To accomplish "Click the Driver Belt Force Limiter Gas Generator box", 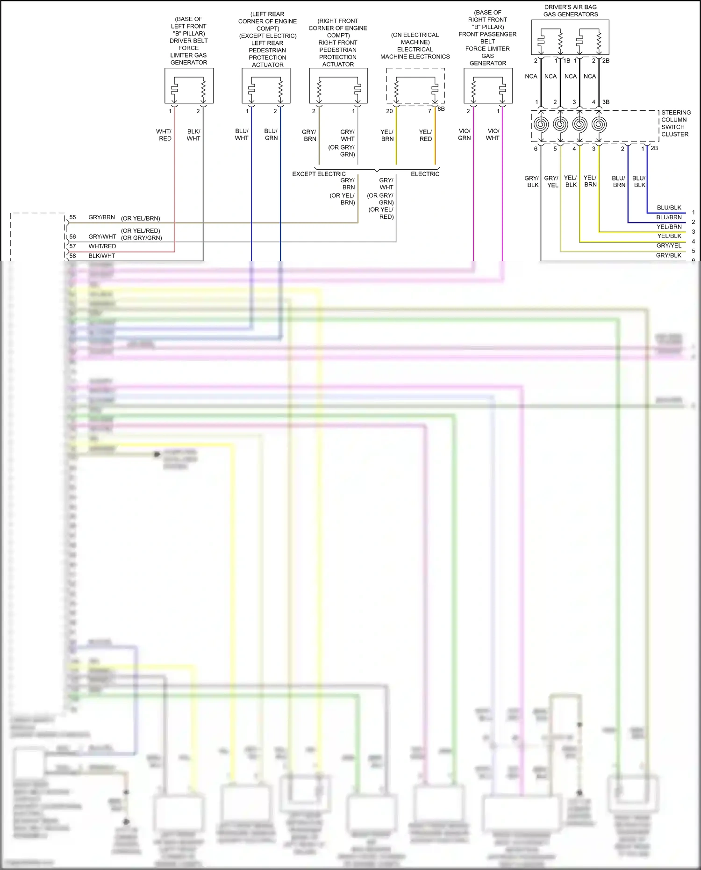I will [189, 86].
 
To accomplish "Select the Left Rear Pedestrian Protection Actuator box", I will [266, 86].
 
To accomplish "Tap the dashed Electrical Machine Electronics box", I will [415, 86].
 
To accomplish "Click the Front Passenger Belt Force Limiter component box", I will [488, 86].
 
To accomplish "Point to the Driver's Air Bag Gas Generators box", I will [570, 37].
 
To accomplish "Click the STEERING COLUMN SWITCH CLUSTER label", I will [675, 123].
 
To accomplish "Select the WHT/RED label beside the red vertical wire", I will [165, 135].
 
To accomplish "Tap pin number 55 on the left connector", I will [73, 217].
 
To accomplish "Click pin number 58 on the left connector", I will [73, 256].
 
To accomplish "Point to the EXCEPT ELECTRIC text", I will [319, 174].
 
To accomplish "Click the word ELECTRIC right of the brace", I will [425, 174].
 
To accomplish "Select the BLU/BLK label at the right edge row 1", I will [669, 208].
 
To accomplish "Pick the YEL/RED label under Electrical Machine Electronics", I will [425, 135].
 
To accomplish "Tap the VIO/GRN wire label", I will [464, 135].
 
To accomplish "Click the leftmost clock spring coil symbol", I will [541, 124].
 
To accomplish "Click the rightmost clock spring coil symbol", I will [599, 124].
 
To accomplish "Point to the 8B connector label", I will [441, 109].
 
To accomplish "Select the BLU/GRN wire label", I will [271, 135].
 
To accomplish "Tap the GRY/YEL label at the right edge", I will [669, 245].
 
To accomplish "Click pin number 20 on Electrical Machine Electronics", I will [389, 111].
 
